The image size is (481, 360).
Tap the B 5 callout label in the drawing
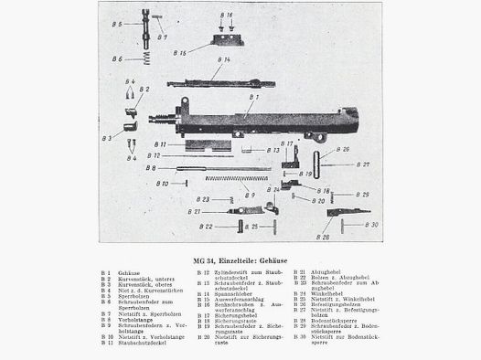(x=118, y=24)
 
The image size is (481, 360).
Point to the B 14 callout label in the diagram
(x=219, y=60)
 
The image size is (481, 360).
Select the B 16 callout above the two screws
(x=227, y=16)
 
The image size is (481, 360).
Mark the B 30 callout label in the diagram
(x=371, y=224)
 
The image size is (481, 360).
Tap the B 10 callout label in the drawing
(x=162, y=183)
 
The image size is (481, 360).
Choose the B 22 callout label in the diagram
(x=207, y=227)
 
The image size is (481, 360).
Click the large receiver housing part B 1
(x=274, y=122)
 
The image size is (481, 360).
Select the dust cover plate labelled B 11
(x=208, y=144)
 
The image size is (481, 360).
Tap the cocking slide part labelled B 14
(x=219, y=83)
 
